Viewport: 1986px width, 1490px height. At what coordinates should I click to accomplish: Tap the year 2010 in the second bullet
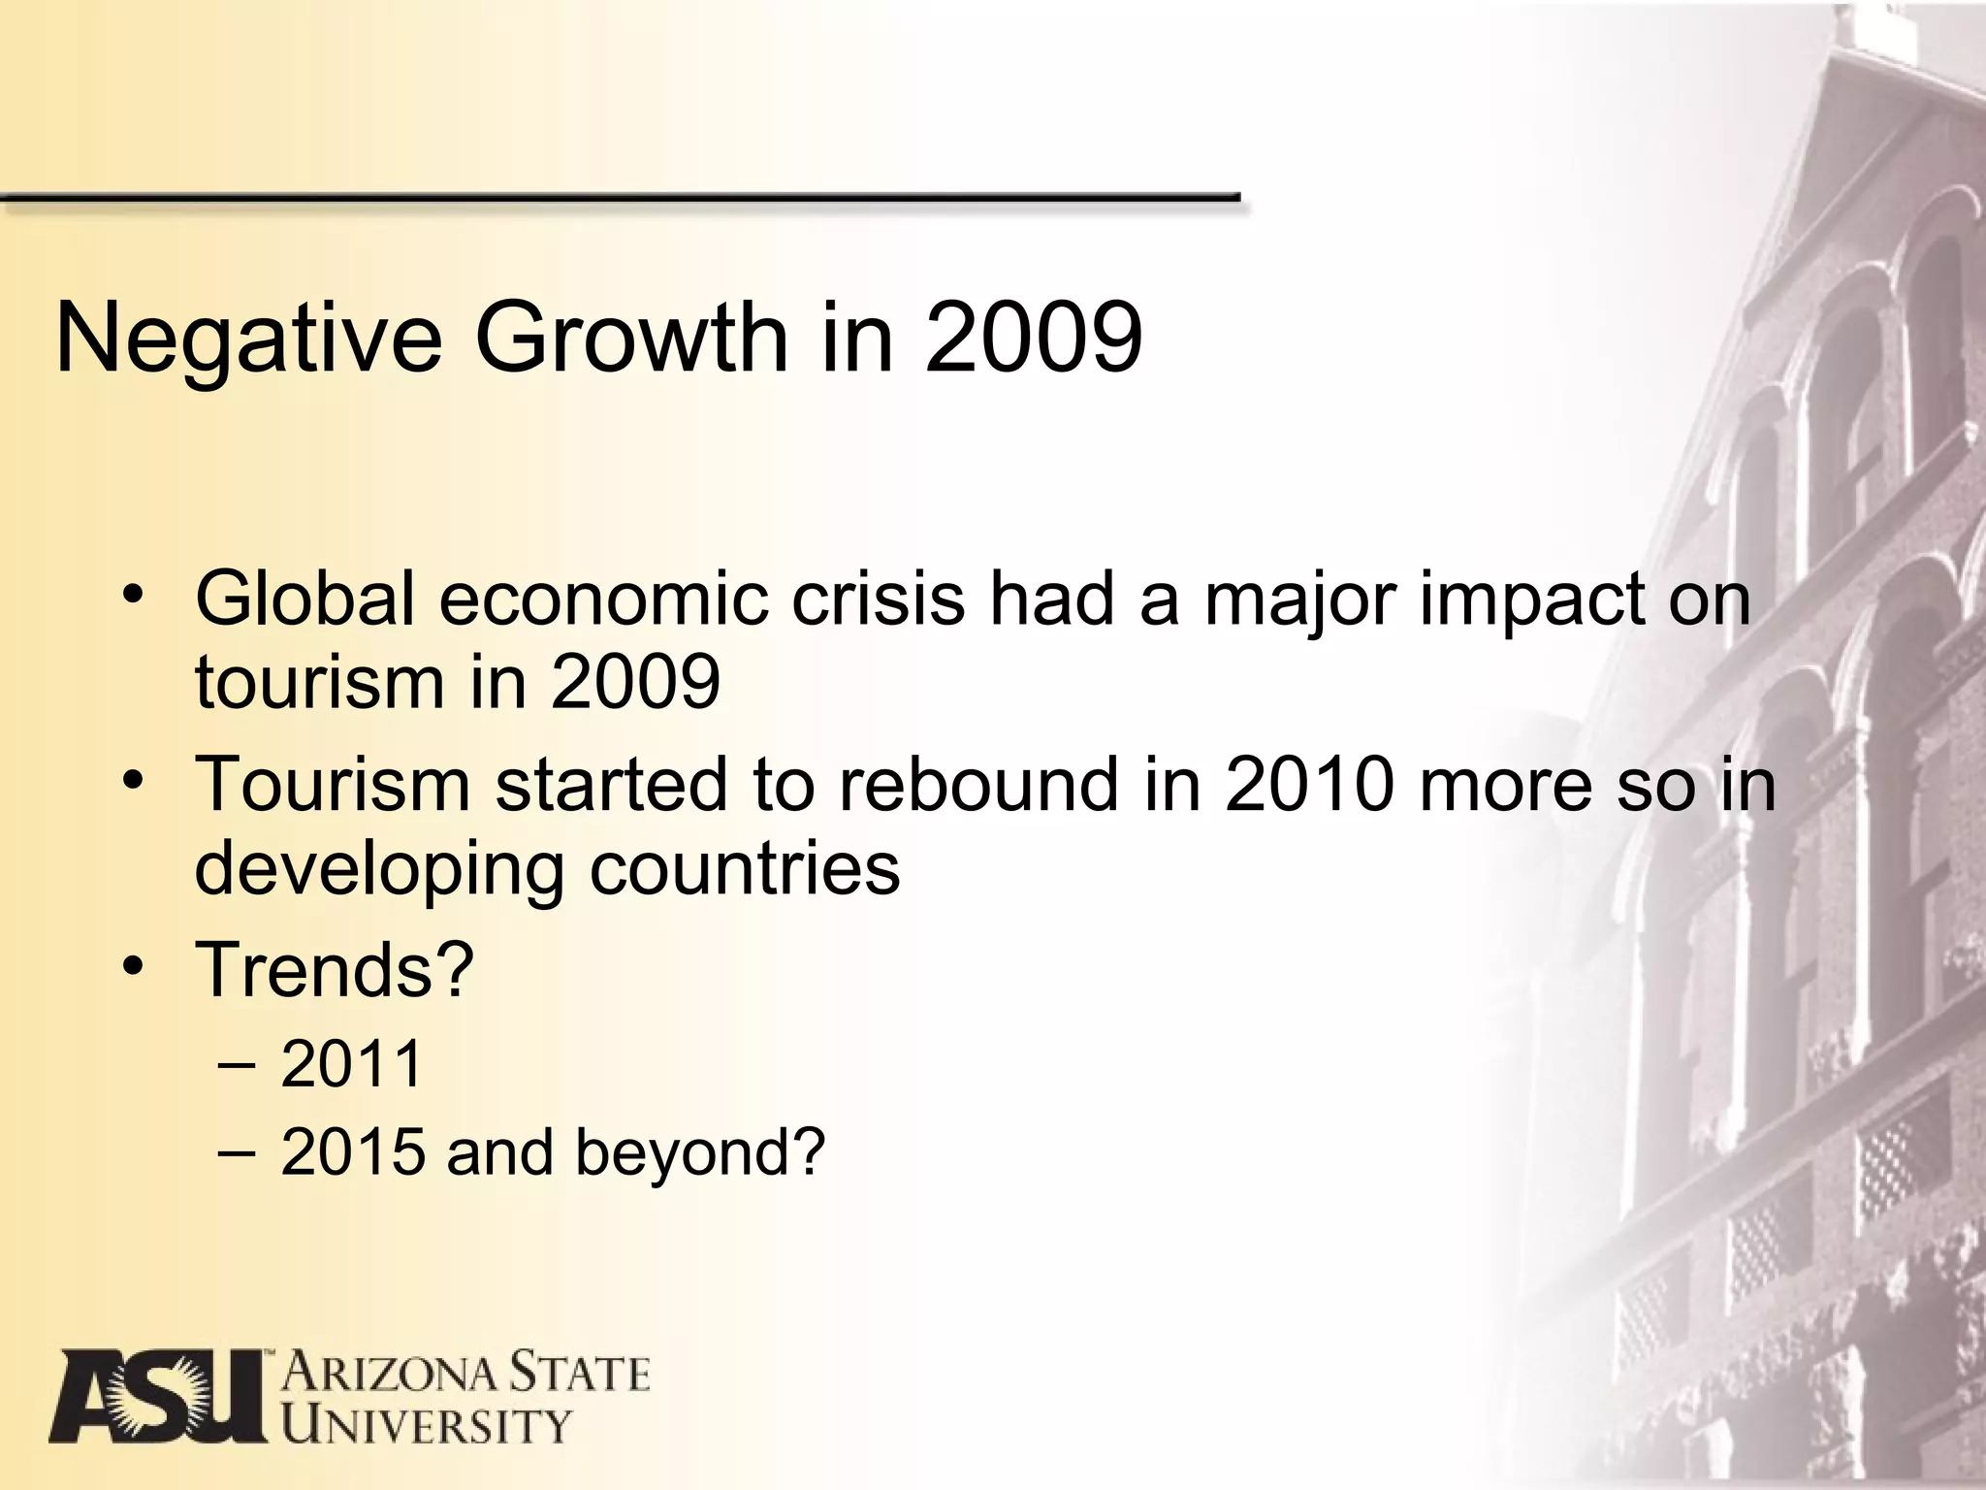pyautogui.click(x=1309, y=784)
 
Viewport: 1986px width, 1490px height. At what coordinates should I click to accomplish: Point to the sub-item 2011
pyautogui.click(x=352, y=1063)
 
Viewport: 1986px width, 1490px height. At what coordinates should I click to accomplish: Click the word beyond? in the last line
pyautogui.click(x=699, y=1151)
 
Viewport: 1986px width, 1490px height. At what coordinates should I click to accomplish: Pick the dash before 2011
pyautogui.click(x=238, y=1064)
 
